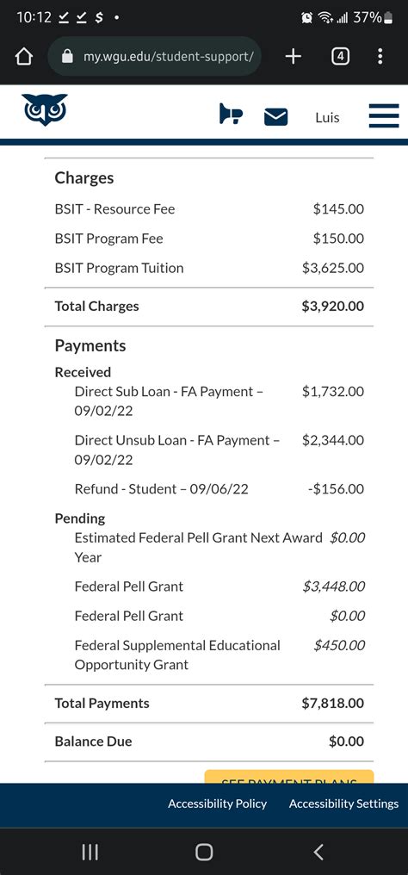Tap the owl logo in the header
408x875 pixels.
click(x=45, y=110)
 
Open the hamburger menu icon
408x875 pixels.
click(x=384, y=116)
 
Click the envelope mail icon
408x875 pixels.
click(x=275, y=117)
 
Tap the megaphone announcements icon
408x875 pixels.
click(x=231, y=114)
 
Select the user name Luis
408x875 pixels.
click(x=327, y=117)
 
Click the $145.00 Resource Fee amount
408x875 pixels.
click(x=338, y=208)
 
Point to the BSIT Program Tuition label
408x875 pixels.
click(x=119, y=268)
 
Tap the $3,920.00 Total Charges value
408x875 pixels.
click(x=332, y=306)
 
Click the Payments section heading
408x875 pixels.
click(x=90, y=345)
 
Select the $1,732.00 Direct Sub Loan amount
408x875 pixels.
click(x=332, y=391)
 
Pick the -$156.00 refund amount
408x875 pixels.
click(x=336, y=488)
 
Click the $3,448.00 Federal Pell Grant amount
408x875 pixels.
click(x=333, y=586)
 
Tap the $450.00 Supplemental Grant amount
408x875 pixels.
click(x=339, y=645)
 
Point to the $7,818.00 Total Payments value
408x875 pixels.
click(x=332, y=703)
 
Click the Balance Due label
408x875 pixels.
click(x=93, y=742)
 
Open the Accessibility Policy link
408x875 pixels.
click(x=217, y=804)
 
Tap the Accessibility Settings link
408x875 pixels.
click(x=343, y=804)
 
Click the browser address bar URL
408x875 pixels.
click(x=168, y=57)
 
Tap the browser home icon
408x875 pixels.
click(x=23, y=57)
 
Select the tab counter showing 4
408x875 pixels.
click(x=341, y=57)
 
